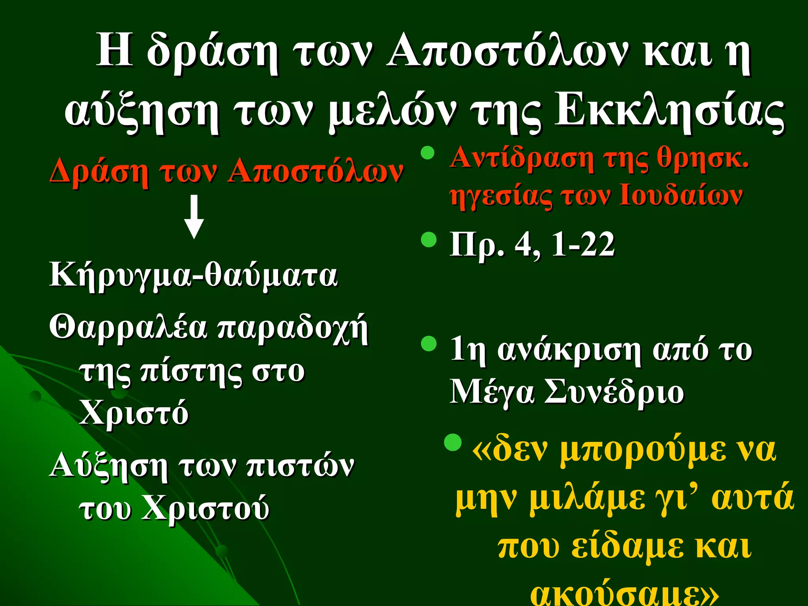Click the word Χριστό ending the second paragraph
134,413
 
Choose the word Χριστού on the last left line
205,508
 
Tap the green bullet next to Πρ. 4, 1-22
429,239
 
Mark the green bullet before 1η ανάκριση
429,344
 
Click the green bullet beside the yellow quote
453,443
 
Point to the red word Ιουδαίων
681,195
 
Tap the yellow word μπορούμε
643,451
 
